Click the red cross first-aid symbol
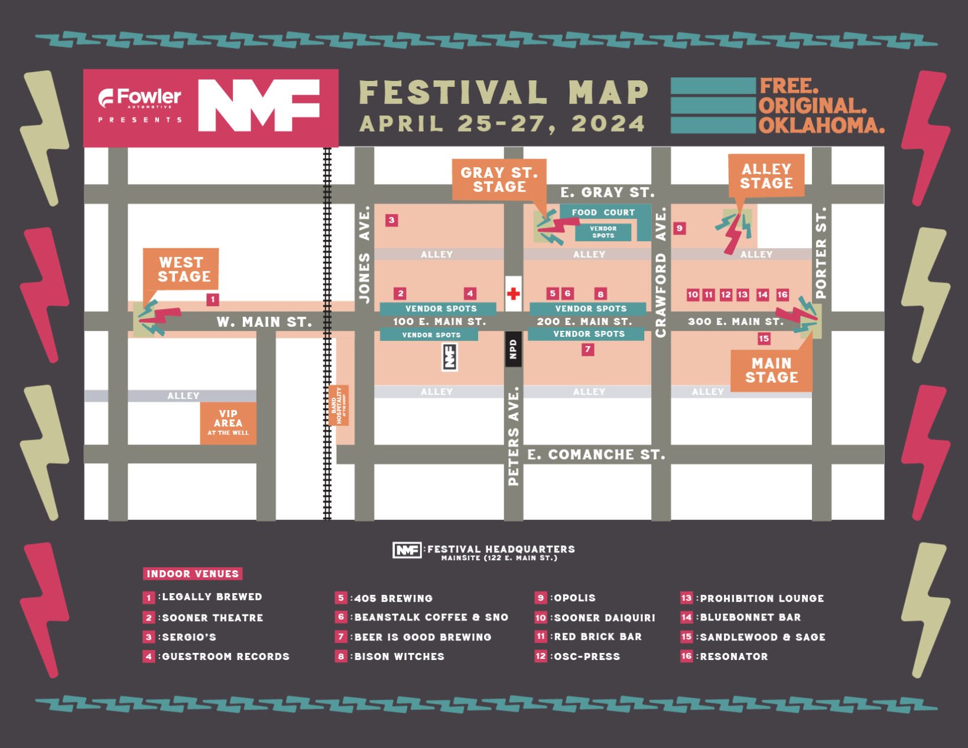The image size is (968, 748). pyautogui.click(x=513, y=294)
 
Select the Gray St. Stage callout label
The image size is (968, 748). pyautogui.click(x=499, y=180)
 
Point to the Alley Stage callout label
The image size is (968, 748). pyautogui.click(x=766, y=176)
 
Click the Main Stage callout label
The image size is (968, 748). pyautogui.click(x=771, y=370)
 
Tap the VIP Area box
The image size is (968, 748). pyautogui.click(x=228, y=422)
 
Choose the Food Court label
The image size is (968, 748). pyautogui.click(x=603, y=213)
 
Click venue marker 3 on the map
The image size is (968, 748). pyautogui.click(x=391, y=220)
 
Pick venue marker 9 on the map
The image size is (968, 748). pyautogui.click(x=680, y=228)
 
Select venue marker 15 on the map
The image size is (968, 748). pyautogui.click(x=764, y=339)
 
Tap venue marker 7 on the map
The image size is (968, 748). pyautogui.click(x=587, y=350)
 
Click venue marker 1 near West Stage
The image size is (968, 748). pyautogui.click(x=213, y=300)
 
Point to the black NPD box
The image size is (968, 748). pyautogui.click(x=513, y=349)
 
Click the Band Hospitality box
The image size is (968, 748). pyautogui.click(x=339, y=405)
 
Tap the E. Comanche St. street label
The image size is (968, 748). pyautogui.click(x=596, y=454)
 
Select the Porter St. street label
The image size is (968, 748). pyautogui.click(x=821, y=252)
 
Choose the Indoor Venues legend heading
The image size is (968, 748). pyautogui.click(x=193, y=574)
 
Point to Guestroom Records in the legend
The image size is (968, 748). pyautogui.click(x=225, y=656)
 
